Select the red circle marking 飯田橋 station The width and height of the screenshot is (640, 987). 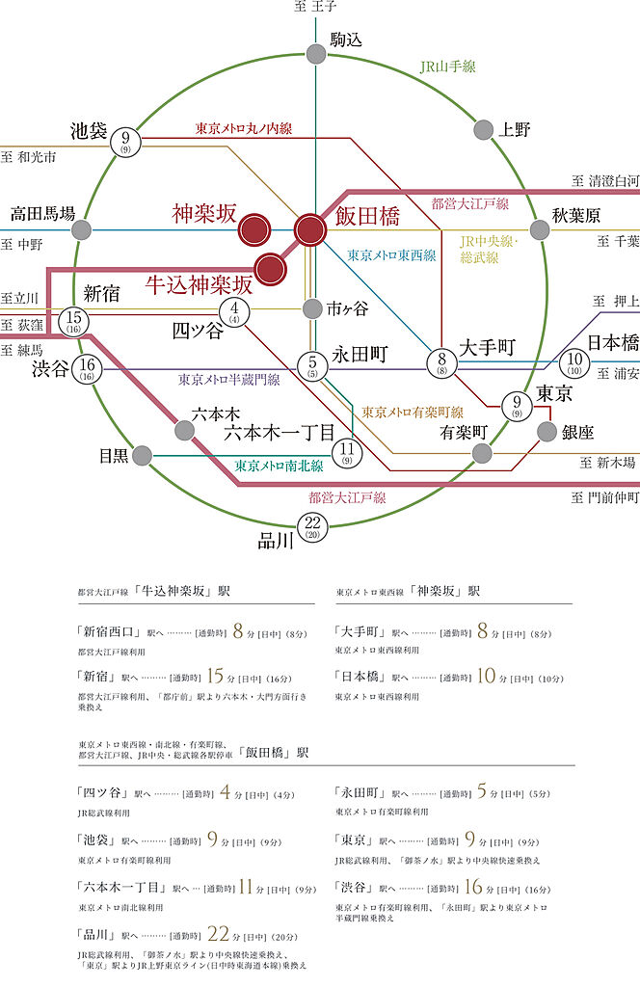tap(310, 229)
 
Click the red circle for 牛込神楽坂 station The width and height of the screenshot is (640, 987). tap(271, 268)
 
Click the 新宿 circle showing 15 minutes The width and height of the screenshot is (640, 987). tap(72, 321)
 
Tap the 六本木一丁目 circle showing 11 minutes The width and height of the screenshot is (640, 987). tap(347, 450)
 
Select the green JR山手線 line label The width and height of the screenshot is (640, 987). tap(447, 67)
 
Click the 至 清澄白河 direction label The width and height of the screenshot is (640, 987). tap(604, 180)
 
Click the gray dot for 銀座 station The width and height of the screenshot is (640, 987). tap(547, 431)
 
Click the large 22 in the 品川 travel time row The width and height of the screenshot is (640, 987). tap(218, 934)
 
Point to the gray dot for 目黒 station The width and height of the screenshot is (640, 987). tap(143, 454)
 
